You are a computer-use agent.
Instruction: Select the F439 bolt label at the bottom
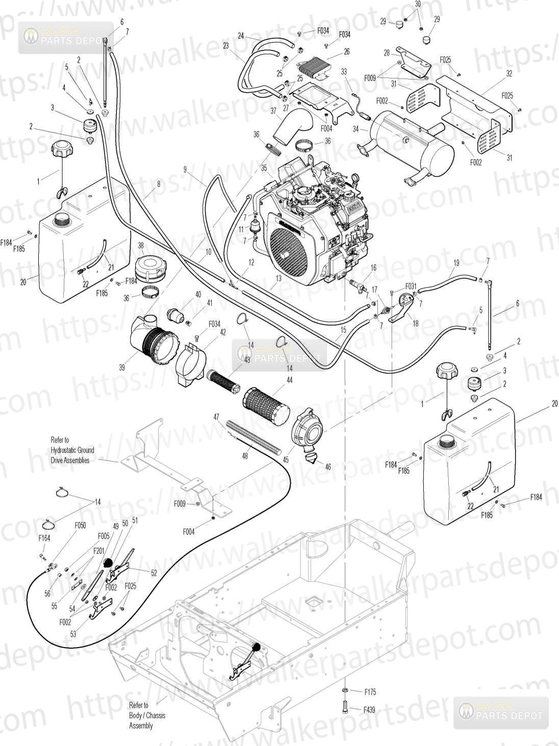point(370,709)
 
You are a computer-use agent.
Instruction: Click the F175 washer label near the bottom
point(370,692)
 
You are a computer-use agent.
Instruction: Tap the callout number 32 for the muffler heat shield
point(509,73)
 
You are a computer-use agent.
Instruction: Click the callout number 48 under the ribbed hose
point(245,456)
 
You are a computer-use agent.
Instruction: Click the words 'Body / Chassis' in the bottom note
point(147,715)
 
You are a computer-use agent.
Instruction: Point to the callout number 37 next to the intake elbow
point(273,111)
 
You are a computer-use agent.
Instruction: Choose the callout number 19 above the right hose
point(456,262)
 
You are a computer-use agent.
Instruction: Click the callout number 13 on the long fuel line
point(278,278)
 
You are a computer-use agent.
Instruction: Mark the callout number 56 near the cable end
point(47,593)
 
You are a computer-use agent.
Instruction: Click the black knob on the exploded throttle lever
point(108,563)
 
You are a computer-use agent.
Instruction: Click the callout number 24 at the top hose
point(241,35)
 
